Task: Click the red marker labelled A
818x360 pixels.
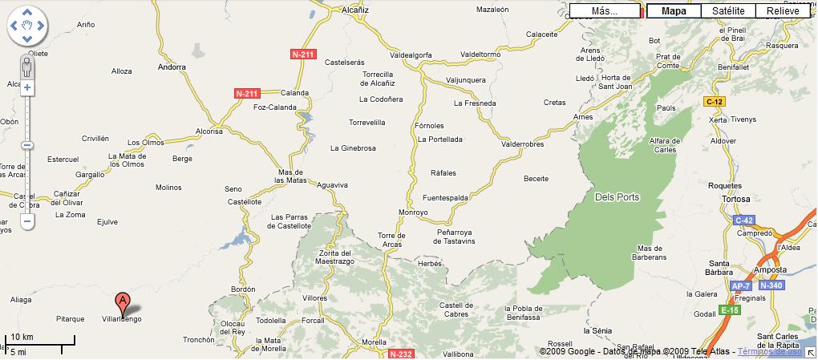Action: [x=122, y=302]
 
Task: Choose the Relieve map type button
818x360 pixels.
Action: [x=782, y=11]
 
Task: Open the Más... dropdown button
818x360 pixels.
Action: [x=605, y=11]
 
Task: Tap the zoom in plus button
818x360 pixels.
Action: [x=27, y=87]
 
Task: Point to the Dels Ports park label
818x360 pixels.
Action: [x=618, y=197]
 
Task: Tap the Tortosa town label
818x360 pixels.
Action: [x=735, y=199]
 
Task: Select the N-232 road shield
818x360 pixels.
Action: [x=400, y=353]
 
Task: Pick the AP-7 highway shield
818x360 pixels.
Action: [x=740, y=285]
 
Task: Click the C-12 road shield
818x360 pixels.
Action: [x=715, y=102]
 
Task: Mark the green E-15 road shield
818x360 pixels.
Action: [x=729, y=310]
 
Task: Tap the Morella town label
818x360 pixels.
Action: [x=375, y=342]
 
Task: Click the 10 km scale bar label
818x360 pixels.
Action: [x=22, y=337]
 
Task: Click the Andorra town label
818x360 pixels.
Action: [x=172, y=67]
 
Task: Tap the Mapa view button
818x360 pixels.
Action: [x=674, y=11]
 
